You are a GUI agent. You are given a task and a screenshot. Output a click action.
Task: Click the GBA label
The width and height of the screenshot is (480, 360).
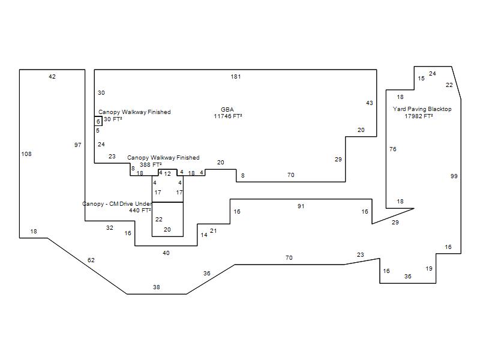pyautogui.click(x=227, y=110)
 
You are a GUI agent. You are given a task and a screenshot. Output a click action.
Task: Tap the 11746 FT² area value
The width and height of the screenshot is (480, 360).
pyautogui.click(x=227, y=116)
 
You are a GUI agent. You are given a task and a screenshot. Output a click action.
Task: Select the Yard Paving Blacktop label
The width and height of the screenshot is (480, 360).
pyautogui.click(x=422, y=109)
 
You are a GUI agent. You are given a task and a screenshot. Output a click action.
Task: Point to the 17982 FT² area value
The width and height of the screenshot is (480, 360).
pyautogui.click(x=418, y=116)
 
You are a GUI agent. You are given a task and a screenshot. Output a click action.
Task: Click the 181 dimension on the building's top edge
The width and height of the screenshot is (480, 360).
pyautogui.click(x=236, y=77)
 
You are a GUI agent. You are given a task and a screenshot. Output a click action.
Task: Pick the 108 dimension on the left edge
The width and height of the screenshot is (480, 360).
pyautogui.click(x=26, y=154)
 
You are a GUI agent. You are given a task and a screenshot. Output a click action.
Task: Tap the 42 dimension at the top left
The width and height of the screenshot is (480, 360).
pyautogui.click(x=52, y=77)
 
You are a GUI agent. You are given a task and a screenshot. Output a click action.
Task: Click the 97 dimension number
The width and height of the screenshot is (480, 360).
pyautogui.click(x=78, y=145)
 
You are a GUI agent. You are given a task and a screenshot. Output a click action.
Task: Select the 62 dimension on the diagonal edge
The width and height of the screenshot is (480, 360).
pyautogui.click(x=91, y=260)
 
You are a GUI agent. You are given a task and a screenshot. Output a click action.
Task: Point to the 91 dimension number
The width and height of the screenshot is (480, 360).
pyautogui.click(x=301, y=206)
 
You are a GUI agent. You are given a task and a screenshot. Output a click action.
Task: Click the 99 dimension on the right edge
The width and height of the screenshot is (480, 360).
pyautogui.click(x=454, y=176)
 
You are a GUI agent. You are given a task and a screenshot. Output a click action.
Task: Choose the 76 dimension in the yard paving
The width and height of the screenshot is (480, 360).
pyautogui.click(x=393, y=149)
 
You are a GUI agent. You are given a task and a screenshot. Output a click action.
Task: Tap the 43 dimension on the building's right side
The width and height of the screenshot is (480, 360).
pyautogui.click(x=370, y=103)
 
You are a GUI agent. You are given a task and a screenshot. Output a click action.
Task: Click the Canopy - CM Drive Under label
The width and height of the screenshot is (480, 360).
pyautogui.click(x=117, y=204)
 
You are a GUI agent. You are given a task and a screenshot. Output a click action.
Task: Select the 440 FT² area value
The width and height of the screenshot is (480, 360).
pyautogui.click(x=140, y=211)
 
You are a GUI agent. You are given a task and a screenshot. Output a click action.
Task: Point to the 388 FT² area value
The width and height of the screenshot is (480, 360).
pyautogui.click(x=151, y=165)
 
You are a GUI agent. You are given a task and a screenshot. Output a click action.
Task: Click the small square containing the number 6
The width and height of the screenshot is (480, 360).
pyautogui.click(x=98, y=122)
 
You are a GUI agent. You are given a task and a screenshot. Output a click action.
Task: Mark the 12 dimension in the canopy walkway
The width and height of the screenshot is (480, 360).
pyautogui.click(x=167, y=174)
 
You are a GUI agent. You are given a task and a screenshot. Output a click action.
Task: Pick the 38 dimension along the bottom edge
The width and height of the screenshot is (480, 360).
pyautogui.click(x=157, y=287)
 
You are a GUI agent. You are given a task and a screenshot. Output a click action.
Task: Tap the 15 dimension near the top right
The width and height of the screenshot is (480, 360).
pyautogui.click(x=421, y=79)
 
